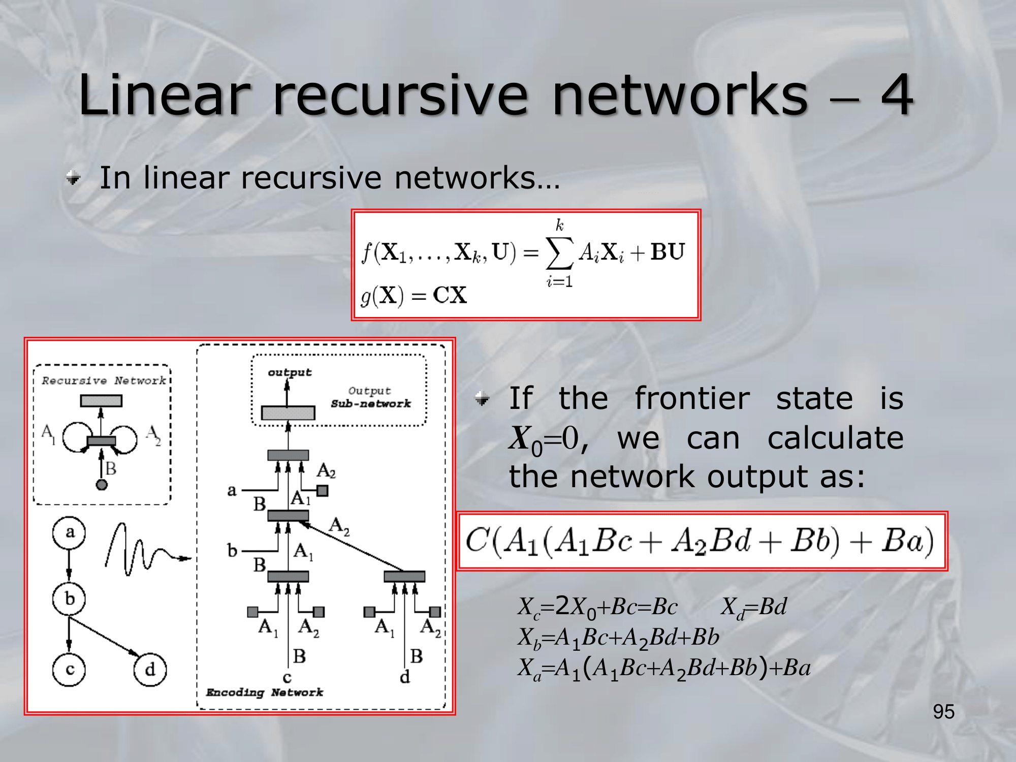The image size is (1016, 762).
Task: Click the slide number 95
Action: point(943,712)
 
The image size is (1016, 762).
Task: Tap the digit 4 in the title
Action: point(897,94)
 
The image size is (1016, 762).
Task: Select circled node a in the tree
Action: point(69,532)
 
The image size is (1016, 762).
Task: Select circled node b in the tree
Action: point(69,599)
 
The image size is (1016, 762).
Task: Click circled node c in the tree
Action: point(69,670)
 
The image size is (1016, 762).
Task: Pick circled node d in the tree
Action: point(150,670)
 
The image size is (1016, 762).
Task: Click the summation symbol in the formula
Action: point(559,252)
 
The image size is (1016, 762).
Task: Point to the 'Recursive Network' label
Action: point(104,380)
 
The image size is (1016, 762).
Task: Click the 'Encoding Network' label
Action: point(264,692)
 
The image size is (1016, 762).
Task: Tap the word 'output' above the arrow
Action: point(290,372)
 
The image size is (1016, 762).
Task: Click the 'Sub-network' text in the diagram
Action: point(371,404)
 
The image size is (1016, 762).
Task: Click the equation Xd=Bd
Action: point(754,607)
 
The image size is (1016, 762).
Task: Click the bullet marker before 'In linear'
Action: point(74,178)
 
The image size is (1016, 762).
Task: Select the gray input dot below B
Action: point(102,485)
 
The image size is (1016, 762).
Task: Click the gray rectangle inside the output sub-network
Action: point(288,412)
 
